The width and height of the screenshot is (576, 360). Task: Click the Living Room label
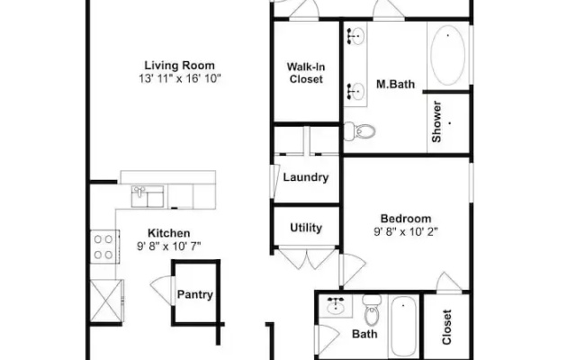click(x=179, y=66)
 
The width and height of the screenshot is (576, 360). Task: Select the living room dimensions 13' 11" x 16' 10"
click(x=180, y=78)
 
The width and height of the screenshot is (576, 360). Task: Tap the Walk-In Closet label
click(x=306, y=73)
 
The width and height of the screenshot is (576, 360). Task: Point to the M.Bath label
click(x=395, y=84)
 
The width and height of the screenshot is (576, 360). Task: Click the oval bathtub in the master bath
click(x=447, y=55)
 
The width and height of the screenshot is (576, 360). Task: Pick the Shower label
click(x=436, y=121)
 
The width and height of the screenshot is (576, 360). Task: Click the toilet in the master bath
click(x=359, y=130)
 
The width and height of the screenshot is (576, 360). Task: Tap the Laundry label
click(x=306, y=177)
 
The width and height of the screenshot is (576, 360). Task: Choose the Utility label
click(x=306, y=228)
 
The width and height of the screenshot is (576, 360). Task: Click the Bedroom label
click(x=406, y=219)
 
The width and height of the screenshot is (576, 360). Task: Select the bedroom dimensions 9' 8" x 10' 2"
click(x=406, y=232)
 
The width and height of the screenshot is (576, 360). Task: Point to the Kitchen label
click(x=169, y=233)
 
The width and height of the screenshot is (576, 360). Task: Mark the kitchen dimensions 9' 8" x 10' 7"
click(x=169, y=246)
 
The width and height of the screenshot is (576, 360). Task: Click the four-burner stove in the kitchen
click(x=104, y=247)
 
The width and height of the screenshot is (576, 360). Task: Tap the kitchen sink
click(x=148, y=196)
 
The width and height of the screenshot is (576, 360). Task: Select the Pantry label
click(x=195, y=294)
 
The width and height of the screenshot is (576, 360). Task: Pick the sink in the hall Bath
click(x=336, y=306)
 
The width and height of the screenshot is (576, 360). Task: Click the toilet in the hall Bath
click(x=372, y=310)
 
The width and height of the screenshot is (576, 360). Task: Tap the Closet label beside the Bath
click(x=446, y=328)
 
